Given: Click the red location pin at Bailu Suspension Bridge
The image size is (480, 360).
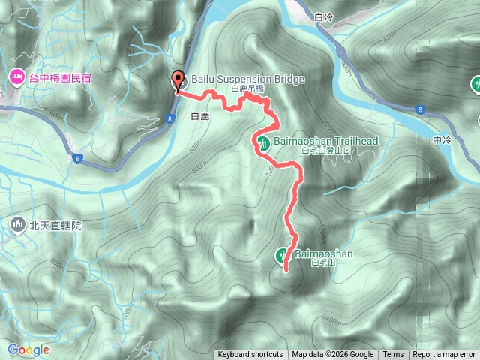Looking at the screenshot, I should pos(178,80).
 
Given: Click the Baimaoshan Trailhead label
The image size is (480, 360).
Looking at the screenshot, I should pos(325,140).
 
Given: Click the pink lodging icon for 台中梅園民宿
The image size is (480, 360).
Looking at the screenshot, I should pos(16,76).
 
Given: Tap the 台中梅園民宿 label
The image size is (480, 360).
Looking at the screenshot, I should pos(59,76).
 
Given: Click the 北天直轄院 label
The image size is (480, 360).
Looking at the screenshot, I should pos(55,224).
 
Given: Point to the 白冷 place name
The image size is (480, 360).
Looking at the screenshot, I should pos(324,16).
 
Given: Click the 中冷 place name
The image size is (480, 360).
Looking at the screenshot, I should pos(442,140).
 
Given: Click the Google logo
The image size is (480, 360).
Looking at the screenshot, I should pos(28,349).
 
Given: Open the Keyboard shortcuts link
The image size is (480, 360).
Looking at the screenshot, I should pos(250,355).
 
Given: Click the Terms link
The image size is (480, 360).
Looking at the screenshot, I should pos(393,355).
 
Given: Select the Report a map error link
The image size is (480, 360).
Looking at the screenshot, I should pos(445,355).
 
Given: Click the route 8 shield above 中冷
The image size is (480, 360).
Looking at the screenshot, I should pos(421,109).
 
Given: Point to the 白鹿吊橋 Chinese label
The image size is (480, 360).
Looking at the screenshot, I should pos(248,88).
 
